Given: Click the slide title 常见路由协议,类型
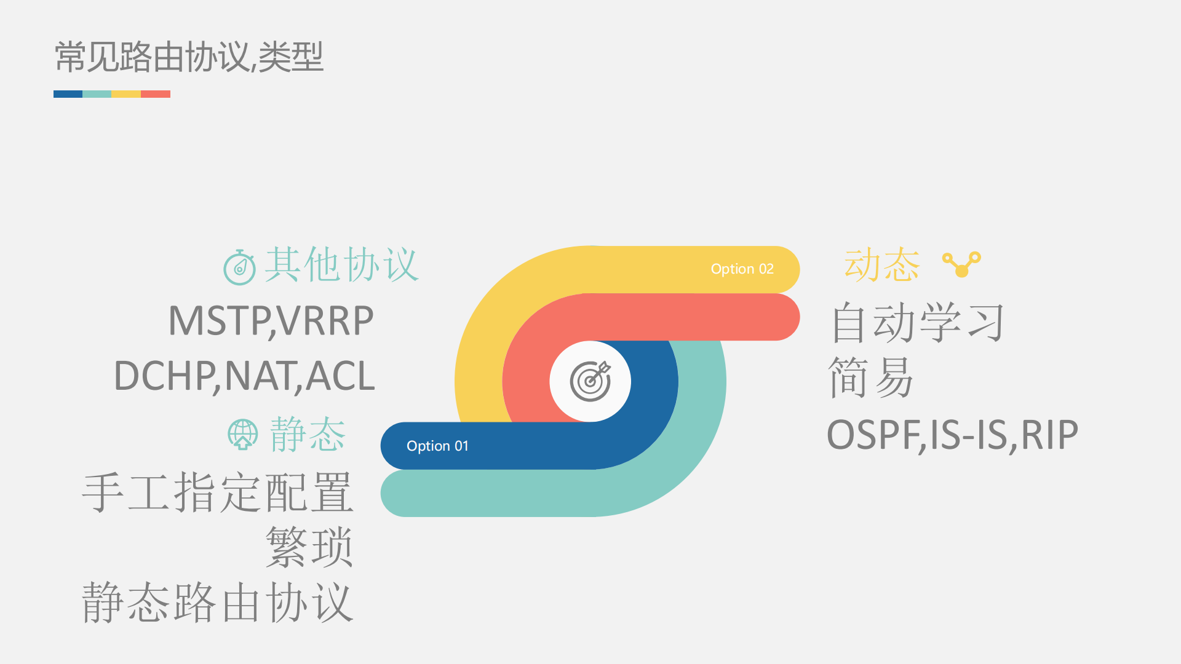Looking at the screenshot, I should point(189,57).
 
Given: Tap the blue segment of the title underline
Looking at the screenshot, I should point(68,94).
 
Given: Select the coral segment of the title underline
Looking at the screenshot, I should point(156,94).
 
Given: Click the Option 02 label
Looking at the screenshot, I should point(742,269).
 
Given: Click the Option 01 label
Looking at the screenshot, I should point(437,446).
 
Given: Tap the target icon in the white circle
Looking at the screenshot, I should point(590,381).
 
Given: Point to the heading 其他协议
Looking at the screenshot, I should point(341,265).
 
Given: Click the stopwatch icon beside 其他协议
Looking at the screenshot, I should point(239,267).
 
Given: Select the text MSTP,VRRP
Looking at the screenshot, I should point(271,321).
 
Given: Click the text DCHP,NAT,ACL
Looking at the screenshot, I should point(244,376).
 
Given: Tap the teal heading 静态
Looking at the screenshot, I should point(308,434).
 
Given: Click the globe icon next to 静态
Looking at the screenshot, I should point(242,435).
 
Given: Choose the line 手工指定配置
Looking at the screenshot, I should point(218,492).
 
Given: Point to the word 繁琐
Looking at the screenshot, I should point(309,547).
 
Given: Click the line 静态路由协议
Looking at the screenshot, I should point(218,603).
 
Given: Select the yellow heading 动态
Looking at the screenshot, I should point(881,265).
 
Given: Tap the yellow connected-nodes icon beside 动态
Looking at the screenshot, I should point(961,264).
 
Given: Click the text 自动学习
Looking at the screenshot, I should point(917,322).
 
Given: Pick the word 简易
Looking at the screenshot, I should point(870,377).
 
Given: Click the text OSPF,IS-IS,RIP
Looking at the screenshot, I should point(952,435).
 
